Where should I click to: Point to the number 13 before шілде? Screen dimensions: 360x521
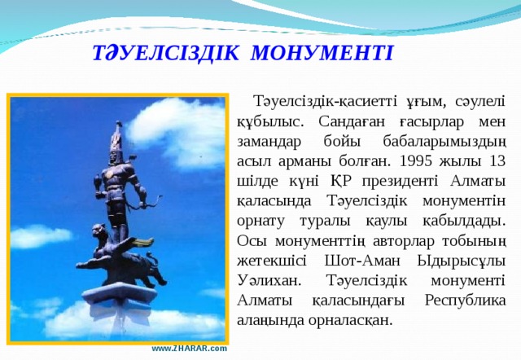click(x=496, y=160)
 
